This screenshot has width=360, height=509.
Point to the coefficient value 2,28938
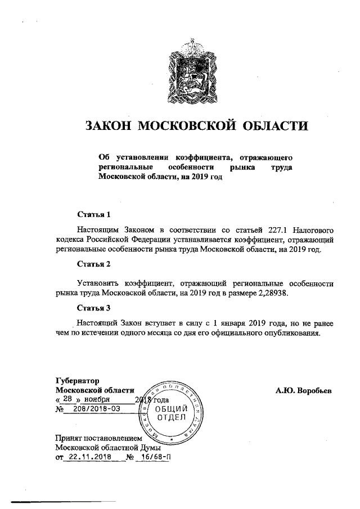point(276,292)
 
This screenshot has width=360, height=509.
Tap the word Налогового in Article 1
point(304,230)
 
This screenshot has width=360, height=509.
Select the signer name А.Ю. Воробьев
point(304,390)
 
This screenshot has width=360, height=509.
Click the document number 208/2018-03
point(97,409)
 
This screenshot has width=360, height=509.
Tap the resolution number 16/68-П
point(154,457)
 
